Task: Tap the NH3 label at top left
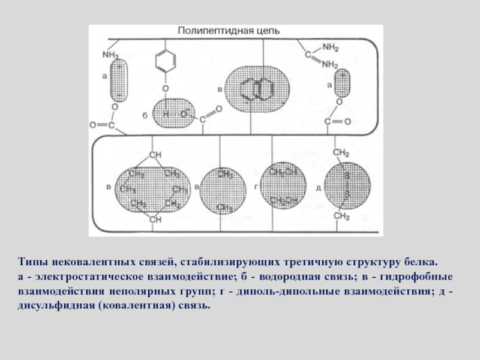point(111,54)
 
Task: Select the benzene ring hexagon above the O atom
point(165,62)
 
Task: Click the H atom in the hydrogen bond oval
point(166,113)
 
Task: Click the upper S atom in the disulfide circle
point(346,175)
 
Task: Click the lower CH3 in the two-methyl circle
point(225,208)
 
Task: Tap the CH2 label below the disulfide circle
point(341,216)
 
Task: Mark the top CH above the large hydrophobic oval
point(155,155)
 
